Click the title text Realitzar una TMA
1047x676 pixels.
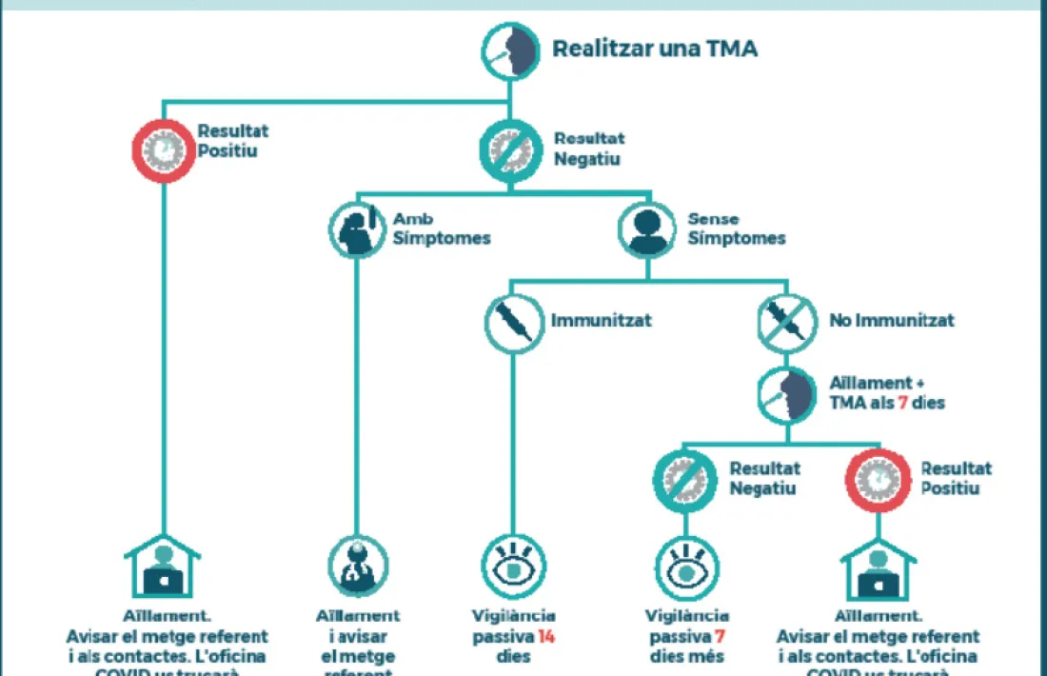(655, 49)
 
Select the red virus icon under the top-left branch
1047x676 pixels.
(163, 150)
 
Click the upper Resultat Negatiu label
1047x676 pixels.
(588, 149)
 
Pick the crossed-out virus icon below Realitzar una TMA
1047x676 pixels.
(510, 149)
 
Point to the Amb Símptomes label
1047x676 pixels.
(441, 229)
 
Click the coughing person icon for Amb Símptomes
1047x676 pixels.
(358, 229)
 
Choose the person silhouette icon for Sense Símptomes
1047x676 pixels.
(648, 229)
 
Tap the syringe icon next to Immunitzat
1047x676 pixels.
(513, 322)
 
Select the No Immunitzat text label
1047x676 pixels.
(891, 321)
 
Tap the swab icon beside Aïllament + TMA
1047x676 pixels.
(788, 392)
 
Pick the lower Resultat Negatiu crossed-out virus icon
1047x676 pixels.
(685, 480)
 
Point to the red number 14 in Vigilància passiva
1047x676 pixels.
(545, 637)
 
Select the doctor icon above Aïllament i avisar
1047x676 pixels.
(358, 566)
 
